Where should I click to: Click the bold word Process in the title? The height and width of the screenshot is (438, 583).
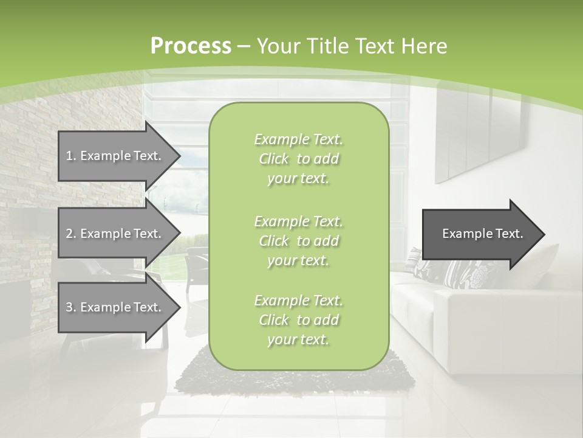click(x=191, y=46)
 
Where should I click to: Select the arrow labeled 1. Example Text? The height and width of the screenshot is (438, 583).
click(x=115, y=156)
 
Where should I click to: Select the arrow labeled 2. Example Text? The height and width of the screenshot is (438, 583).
click(x=115, y=234)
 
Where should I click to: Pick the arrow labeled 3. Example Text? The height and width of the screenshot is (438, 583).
click(x=115, y=307)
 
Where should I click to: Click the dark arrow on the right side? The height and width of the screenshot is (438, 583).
click(x=480, y=234)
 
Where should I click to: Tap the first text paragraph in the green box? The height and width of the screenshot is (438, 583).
click(x=298, y=159)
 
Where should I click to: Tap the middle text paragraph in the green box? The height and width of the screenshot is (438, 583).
click(x=298, y=240)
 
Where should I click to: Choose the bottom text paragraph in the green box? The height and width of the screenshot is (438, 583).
click(x=298, y=320)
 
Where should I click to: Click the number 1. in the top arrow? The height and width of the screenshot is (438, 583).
click(x=71, y=156)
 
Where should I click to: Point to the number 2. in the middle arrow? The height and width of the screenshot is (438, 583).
click(x=71, y=234)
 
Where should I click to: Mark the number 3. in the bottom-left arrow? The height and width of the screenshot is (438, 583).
click(x=71, y=307)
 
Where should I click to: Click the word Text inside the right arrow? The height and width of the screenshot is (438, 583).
click(x=510, y=234)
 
